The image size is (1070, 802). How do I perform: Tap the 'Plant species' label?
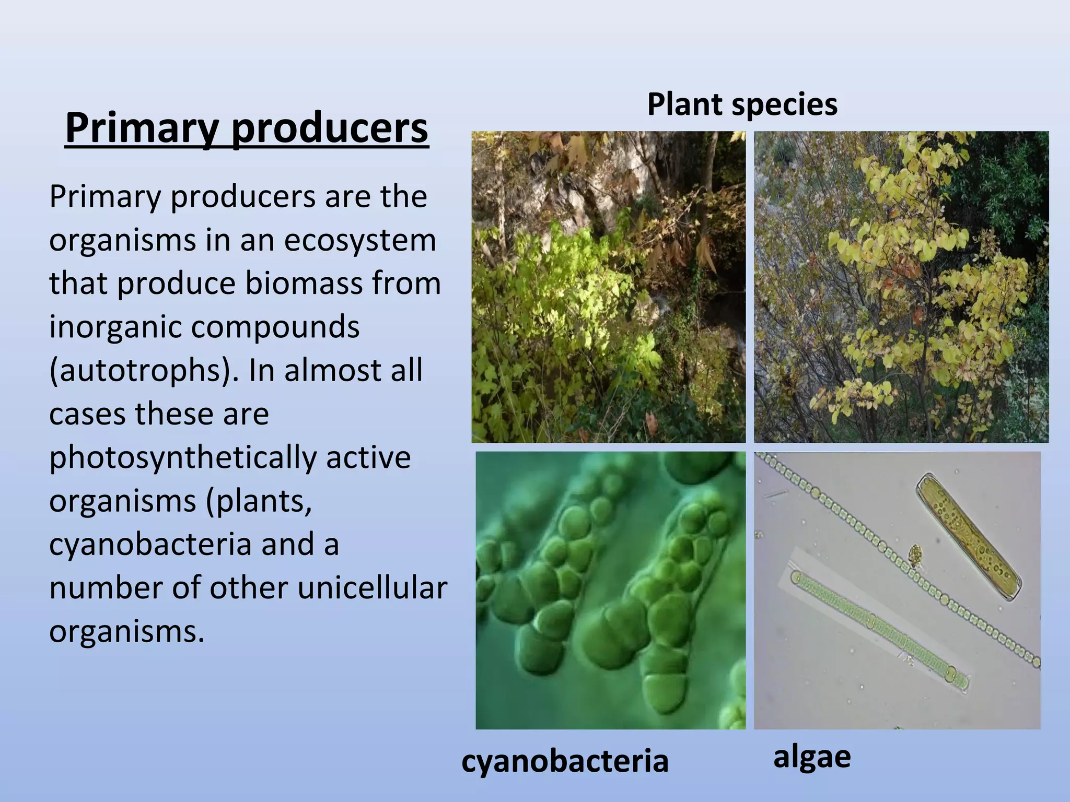(742, 104)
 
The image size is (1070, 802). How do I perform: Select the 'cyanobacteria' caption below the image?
(565, 760)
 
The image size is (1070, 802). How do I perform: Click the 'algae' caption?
(812, 756)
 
